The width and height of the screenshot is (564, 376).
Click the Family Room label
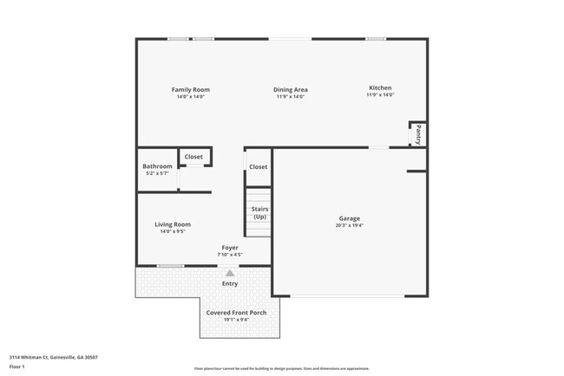tap(190, 89)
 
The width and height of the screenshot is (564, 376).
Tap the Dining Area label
tap(291, 89)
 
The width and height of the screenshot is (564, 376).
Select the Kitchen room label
tap(380, 88)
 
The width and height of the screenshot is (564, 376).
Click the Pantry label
tap(418, 134)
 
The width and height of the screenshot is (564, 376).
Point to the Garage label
tap(349, 218)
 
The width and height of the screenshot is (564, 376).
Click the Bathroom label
tap(157, 166)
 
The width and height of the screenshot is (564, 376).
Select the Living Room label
tap(173, 224)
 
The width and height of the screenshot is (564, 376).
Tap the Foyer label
tap(230, 248)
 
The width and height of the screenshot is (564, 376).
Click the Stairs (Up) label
tap(259, 212)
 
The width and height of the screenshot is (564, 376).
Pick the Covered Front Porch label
tap(236, 312)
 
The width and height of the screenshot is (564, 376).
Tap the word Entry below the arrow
tap(230, 283)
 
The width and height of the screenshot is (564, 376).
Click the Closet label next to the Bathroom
tap(193, 157)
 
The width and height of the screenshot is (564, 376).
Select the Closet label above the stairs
tap(259, 166)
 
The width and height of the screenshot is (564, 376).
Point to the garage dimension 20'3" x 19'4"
tap(349, 225)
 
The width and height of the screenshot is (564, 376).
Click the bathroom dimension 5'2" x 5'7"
tap(157, 173)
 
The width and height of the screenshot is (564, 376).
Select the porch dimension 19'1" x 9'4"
tap(236, 319)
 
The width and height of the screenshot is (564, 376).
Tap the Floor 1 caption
tap(18, 367)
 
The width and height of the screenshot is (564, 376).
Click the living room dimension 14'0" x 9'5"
tap(173, 231)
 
